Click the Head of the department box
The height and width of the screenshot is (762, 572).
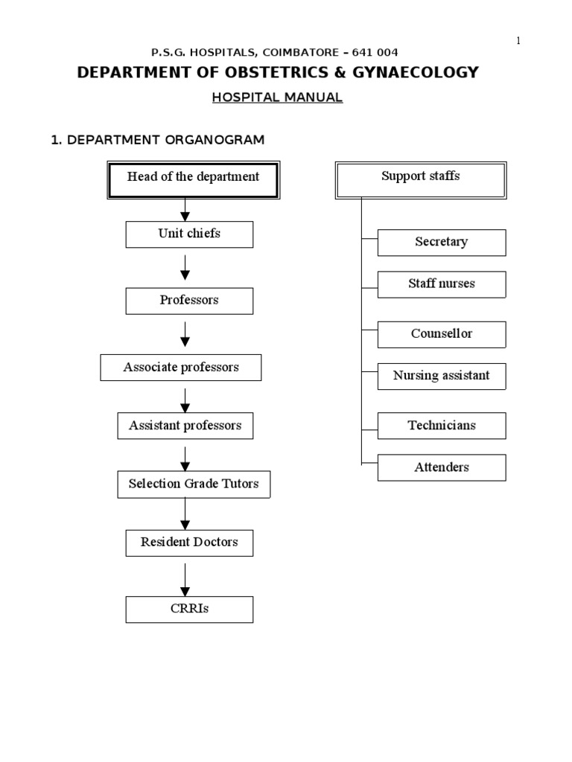tap(193, 180)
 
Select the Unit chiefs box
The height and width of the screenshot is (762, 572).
tap(189, 234)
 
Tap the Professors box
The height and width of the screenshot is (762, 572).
tap(189, 301)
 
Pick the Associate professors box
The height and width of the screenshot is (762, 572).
tap(181, 368)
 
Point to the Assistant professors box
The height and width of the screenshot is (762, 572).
tap(185, 426)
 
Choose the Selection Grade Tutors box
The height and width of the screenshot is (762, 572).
tap(194, 484)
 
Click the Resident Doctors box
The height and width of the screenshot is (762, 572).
tap(189, 542)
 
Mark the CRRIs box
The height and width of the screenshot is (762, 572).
tap(189, 609)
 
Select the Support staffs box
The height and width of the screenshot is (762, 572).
tap(421, 180)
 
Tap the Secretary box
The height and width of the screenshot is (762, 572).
tap(442, 243)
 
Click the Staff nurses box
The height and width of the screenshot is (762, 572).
tap(442, 284)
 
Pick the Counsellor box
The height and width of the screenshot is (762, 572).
tap(442, 334)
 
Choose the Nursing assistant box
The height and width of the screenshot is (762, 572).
tap(442, 376)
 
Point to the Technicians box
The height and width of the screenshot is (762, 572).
tap(442, 426)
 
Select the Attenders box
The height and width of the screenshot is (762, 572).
tap(442, 467)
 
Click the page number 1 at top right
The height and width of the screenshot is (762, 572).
tap(518, 41)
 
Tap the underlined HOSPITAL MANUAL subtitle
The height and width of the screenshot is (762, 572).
tap(277, 97)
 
